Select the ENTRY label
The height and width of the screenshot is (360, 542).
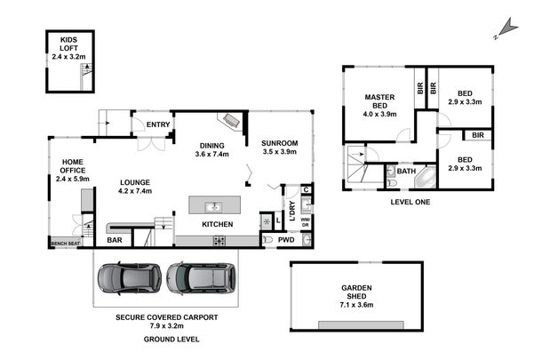158,125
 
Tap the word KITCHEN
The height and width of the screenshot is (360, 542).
217,224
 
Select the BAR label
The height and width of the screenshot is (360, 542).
114,240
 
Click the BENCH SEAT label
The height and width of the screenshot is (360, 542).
65,243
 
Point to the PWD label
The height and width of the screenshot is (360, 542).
285,240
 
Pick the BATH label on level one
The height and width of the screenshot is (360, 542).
406,171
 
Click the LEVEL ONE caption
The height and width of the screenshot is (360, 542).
410,202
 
